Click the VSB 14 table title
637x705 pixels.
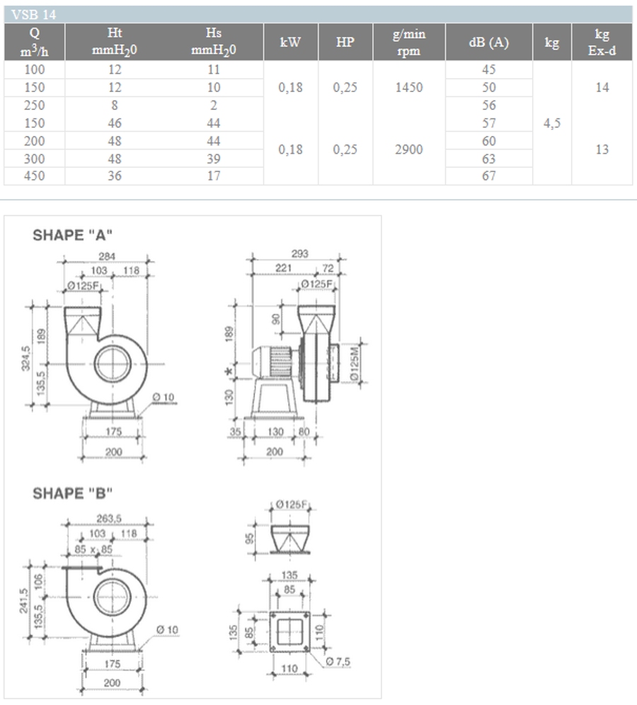coord(34,13)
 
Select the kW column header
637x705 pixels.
coord(291,42)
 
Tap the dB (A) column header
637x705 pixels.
coord(488,42)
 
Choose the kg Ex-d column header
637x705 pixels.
coord(602,42)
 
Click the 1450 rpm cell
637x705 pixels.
coord(409,87)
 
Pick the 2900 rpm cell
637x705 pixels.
coord(409,150)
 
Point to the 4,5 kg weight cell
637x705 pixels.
coord(552,123)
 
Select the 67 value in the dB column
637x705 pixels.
coord(488,176)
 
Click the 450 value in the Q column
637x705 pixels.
coord(34,176)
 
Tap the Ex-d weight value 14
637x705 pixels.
coord(602,87)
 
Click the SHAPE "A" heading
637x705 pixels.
coord(73,236)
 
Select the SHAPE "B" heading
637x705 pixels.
coord(73,494)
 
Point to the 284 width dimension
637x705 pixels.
coord(107,255)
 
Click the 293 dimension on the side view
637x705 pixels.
coord(299,254)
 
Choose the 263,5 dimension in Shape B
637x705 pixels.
coord(107,522)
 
